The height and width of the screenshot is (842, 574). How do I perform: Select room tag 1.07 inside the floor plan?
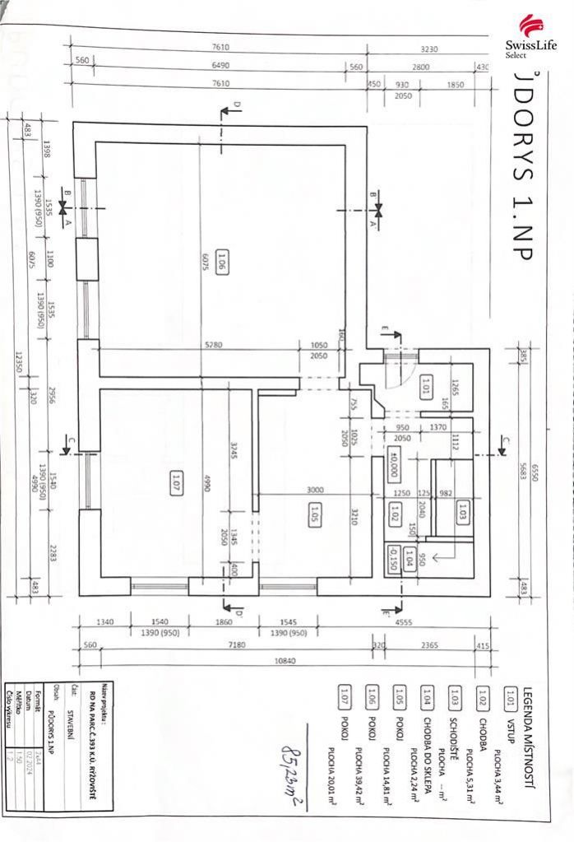[176, 479]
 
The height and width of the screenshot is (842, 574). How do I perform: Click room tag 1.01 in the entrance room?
[425, 386]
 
